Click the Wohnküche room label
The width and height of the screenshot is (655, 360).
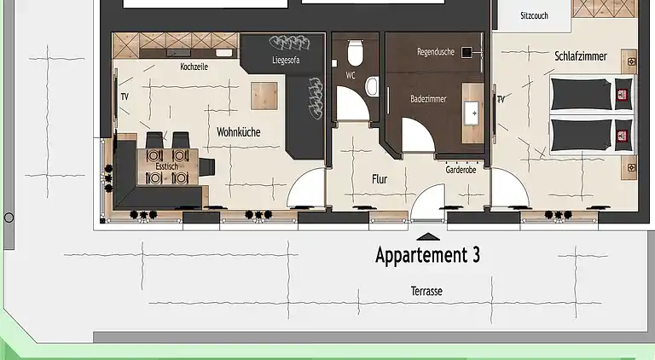pyautogui.click(x=239, y=132)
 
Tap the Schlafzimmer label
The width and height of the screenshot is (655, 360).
pyautogui.click(x=581, y=56)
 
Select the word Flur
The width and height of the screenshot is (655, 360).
pyautogui.click(x=380, y=179)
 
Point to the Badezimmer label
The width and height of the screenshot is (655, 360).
pyautogui.click(x=428, y=99)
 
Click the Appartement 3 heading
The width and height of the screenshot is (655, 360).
pyautogui.click(x=428, y=255)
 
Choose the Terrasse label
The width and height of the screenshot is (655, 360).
pyautogui.click(x=426, y=291)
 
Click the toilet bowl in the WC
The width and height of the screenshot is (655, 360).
pyautogui.click(x=355, y=53)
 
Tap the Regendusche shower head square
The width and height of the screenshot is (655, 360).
pyautogui.click(x=467, y=52)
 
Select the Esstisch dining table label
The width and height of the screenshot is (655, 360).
pyautogui.click(x=166, y=166)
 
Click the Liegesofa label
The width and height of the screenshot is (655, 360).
pyautogui.click(x=286, y=60)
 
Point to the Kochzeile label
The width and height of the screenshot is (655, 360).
pyautogui.click(x=194, y=67)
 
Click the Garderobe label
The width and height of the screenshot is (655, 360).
pyautogui.click(x=461, y=170)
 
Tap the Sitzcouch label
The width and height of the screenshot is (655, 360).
pyautogui.click(x=534, y=16)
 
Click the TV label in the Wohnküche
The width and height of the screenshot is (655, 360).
pyautogui.click(x=125, y=97)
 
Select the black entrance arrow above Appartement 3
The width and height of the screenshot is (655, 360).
pyautogui.click(x=428, y=237)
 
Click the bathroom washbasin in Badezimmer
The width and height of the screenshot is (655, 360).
pyautogui.click(x=472, y=113)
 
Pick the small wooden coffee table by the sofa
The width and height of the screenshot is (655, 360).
pyautogui.click(x=264, y=96)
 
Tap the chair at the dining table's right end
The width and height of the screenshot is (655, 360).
pyautogui.click(x=206, y=166)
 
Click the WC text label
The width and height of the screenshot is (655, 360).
pyautogui.click(x=351, y=76)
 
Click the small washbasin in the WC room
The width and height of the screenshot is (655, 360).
pyautogui.click(x=372, y=86)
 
